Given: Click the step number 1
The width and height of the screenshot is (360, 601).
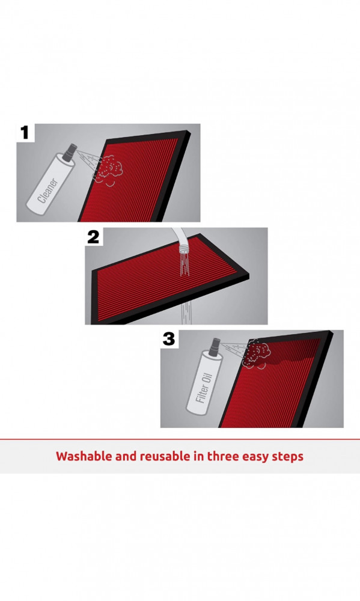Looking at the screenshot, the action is coord(25,133).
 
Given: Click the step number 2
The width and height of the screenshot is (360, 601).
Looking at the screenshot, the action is coord(93,237).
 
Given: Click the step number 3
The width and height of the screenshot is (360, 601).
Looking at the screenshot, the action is coord(169,339).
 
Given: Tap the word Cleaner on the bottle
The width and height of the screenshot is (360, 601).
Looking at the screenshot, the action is coord(48,191).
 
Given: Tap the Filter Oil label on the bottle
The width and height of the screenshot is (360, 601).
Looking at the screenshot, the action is coord(203,388).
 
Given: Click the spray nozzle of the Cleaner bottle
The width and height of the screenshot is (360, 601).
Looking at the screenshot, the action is coord(70,151).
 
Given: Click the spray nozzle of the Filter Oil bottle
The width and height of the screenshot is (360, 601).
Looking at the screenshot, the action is coord(214,345).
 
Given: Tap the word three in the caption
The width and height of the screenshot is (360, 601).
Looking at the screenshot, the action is coord(223,456).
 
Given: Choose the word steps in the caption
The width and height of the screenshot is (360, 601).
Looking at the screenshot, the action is coord(287,457).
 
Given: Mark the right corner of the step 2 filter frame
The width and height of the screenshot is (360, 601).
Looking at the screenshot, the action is coord(249,275).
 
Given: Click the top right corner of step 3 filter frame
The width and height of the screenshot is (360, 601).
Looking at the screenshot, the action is coord(331,332).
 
